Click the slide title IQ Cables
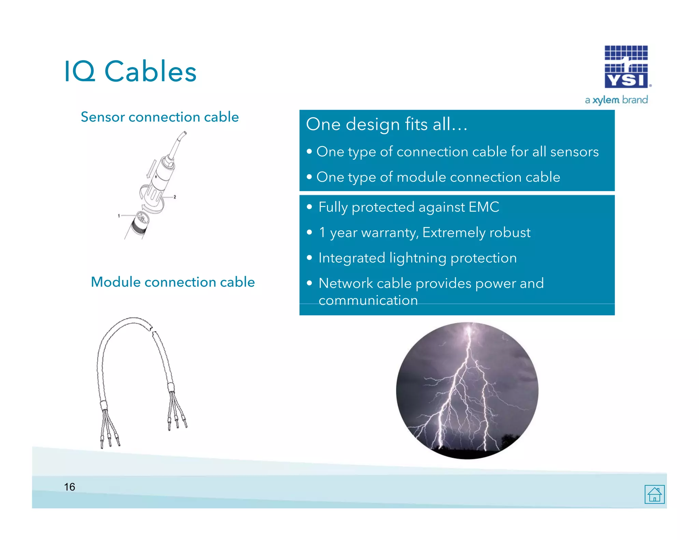[x=130, y=71]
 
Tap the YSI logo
[x=626, y=67]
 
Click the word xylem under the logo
[x=605, y=100]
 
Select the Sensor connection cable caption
[x=160, y=117]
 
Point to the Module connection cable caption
[x=173, y=282]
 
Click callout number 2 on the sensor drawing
[x=175, y=197]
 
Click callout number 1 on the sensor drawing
[x=119, y=216]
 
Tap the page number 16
[x=70, y=487]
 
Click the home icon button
[x=654, y=494]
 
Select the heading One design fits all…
[x=386, y=124]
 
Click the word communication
[x=368, y=300]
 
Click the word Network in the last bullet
[x=345, y=283]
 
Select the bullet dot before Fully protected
[x=309, y=207]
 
